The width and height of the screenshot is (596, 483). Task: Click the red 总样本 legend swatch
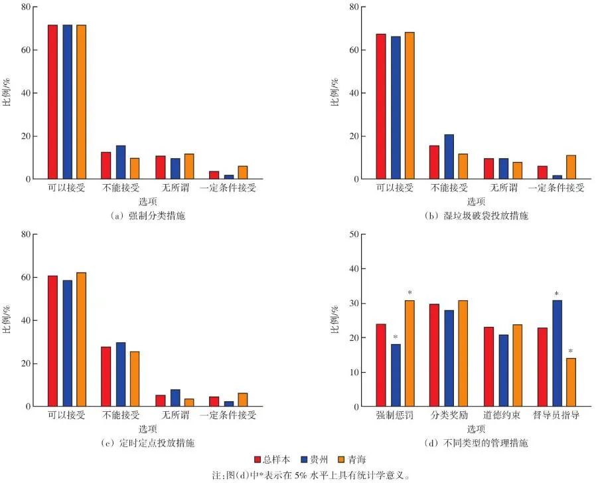(x=257, y=459)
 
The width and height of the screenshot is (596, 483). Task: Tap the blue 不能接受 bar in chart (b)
(x=449, y=157)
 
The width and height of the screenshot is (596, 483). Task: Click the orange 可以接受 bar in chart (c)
(x=81, y=339)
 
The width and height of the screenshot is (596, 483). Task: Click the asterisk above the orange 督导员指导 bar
(x=570, y=351)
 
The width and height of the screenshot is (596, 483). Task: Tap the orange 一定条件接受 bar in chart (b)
(x=570, y=167)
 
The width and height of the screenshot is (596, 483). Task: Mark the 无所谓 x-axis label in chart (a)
(x=175, y=188)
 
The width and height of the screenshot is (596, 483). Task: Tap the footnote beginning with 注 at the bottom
(x=298, y=474)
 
